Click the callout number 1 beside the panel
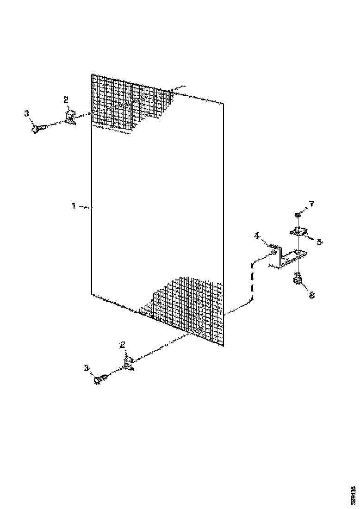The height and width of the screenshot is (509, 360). pyautogui.click(x=74, y=206)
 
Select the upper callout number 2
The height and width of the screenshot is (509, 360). pyautogui.click(x=66, y=99)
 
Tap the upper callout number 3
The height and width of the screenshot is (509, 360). pyautogui.click(x=26, y=113)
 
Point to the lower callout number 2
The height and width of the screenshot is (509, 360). pyautogui.click(x=123, y=344)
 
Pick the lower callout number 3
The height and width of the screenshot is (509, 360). pyautogui.click(x=86, y=368)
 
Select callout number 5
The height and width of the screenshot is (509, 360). pyautogui.click(x=320, y=242)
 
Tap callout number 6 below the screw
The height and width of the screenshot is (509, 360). pyautogui.click(x=311, y=295)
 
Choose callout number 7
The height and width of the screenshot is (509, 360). pyautogui.click(x=311, y=204)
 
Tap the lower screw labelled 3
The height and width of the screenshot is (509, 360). pyautogui.click(x=100, y=379)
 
